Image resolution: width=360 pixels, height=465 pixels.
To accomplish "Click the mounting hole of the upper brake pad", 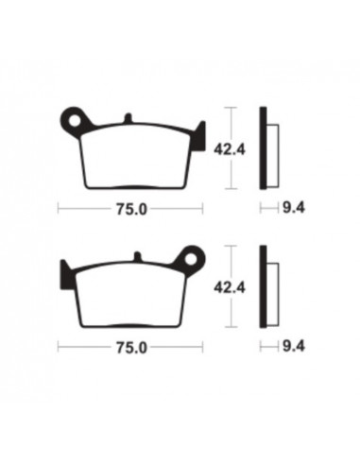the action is (75, 120).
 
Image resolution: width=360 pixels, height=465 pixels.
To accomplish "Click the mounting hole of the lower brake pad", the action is (191, 259).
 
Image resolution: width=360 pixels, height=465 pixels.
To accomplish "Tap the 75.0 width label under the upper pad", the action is (131, 209).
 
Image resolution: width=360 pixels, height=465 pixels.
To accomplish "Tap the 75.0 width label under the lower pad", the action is (131, 348).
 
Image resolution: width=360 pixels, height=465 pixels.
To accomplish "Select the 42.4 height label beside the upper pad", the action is (230, 149).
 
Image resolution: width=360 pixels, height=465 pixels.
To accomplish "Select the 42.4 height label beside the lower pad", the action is (230, 287).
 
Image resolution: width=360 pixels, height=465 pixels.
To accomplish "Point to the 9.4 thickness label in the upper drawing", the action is (294, 208).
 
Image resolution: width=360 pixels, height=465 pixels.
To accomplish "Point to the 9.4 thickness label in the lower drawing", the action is (294, 346).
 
